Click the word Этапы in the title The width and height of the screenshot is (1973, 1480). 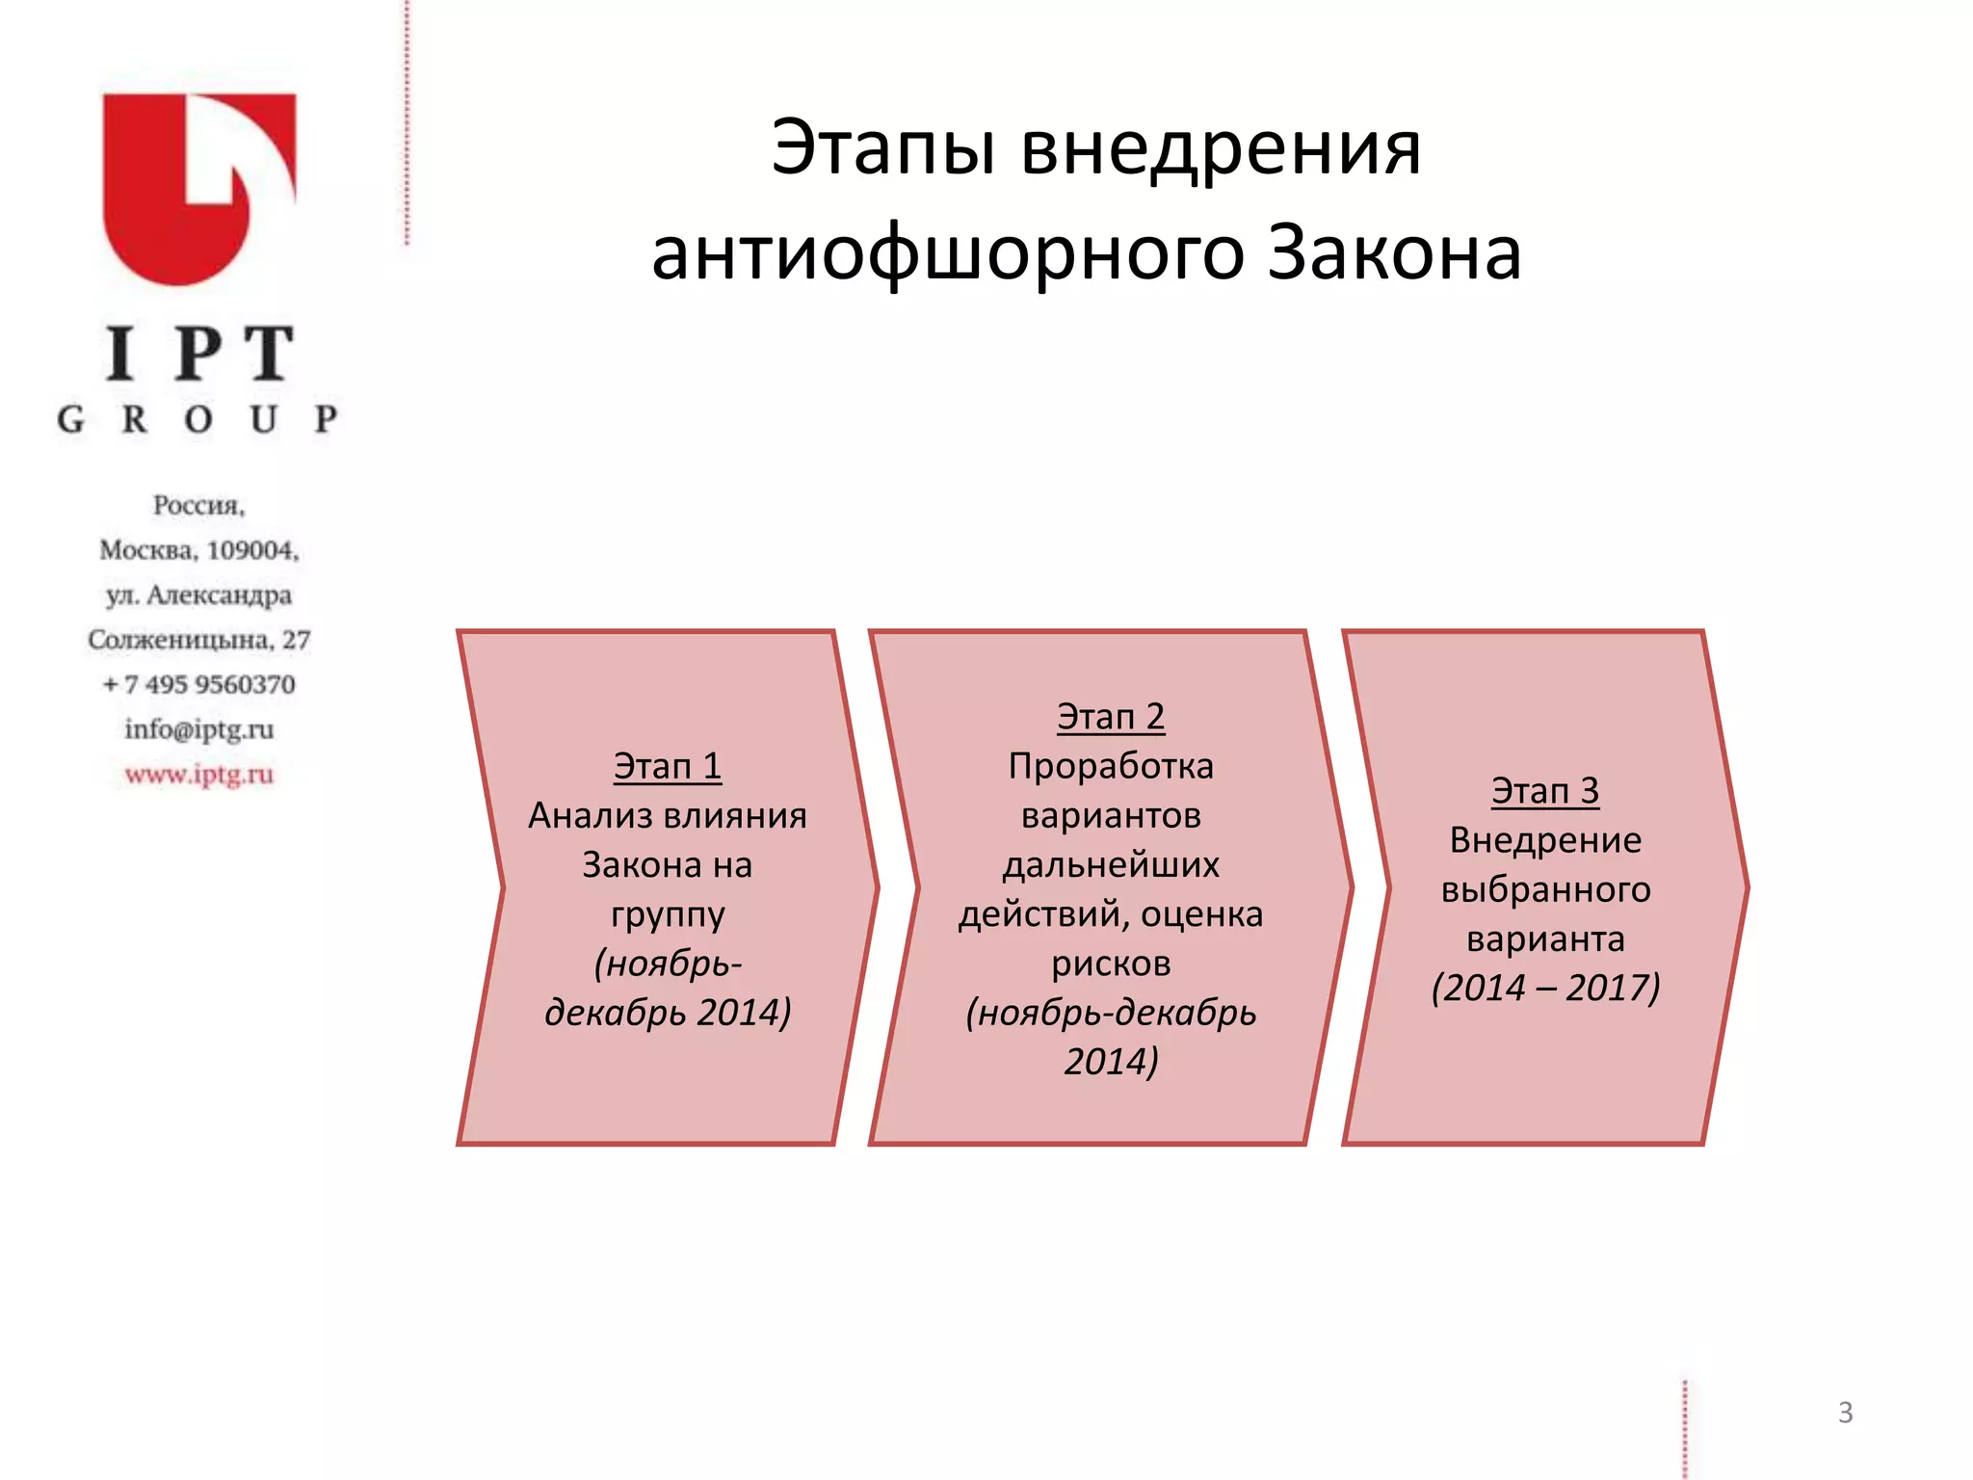882,149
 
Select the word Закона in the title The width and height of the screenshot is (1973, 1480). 1393,253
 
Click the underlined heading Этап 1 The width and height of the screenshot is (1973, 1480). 667,767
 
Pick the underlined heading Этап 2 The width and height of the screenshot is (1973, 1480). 1110,718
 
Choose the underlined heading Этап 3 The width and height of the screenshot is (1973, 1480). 1544,792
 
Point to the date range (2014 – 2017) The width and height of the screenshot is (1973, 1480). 1545,989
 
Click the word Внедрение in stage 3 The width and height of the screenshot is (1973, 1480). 1545,841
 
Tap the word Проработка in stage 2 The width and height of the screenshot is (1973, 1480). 1110,767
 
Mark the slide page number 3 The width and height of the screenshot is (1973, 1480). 1845,1413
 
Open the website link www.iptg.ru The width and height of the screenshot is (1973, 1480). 199,775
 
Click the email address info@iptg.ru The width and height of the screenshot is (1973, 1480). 199,729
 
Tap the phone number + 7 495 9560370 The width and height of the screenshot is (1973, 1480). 199,685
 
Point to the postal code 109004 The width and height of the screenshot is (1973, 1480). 252,550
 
